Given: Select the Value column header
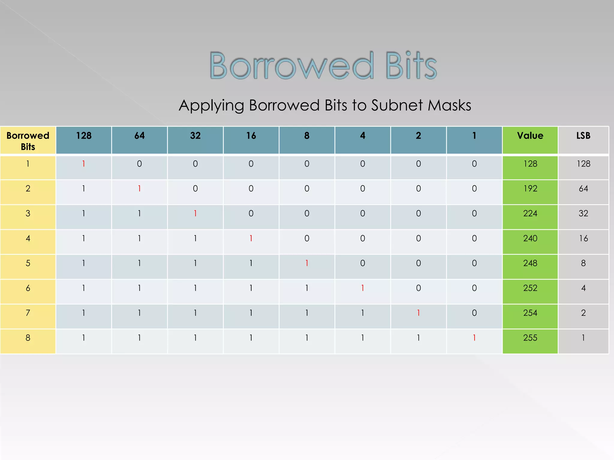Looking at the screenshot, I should click(530, 136).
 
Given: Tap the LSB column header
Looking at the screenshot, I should click(583, 136).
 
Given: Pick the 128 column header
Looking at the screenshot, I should click(84, 136).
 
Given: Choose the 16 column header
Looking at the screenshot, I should click(251, 136).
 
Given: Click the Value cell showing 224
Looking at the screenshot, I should click(530, 214).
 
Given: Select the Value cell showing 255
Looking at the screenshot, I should click(530, 338).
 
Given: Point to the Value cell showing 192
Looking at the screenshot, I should click(530, 189).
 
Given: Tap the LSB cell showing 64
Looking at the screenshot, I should click(583, 189).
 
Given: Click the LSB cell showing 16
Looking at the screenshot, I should click(583, 238).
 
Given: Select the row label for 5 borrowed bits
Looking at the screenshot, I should click(28, 263).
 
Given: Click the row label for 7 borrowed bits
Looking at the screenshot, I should click(28, 313).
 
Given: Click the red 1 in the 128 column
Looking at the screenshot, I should click(84, 164).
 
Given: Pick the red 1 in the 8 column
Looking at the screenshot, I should click(307, 263).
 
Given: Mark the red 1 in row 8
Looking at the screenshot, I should click(474, 338).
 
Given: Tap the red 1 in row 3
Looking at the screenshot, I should click(195, 214).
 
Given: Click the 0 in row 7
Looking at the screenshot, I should click(474, 313).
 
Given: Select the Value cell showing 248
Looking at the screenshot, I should click(530, 263).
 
